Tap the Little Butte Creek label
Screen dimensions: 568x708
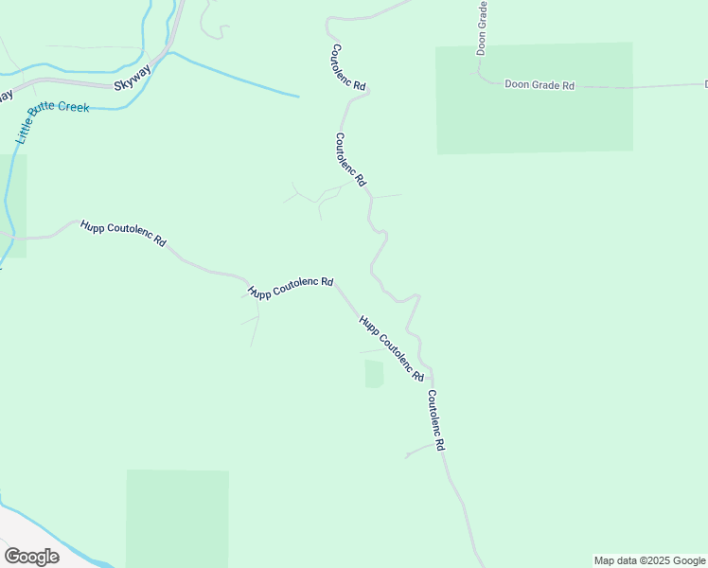point(51,119)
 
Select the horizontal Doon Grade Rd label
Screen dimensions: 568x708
point(540,85)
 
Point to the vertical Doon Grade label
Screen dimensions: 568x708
point(482,28)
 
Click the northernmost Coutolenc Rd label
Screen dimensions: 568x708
point(348,67)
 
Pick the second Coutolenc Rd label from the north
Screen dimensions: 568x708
point(350,159)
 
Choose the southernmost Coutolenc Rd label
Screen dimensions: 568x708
point(435,419)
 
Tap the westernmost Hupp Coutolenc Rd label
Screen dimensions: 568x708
point(123,233)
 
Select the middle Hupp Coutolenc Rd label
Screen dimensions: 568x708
point(290,288)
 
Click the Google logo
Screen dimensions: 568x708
point(31,556)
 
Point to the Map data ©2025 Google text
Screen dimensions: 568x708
point(650,560)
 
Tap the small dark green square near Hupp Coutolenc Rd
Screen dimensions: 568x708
point(374,374)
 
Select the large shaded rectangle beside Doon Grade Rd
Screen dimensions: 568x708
point(534,98)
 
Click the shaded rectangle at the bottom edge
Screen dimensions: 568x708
point(177,518)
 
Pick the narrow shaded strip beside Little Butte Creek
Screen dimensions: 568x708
point(16,206)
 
